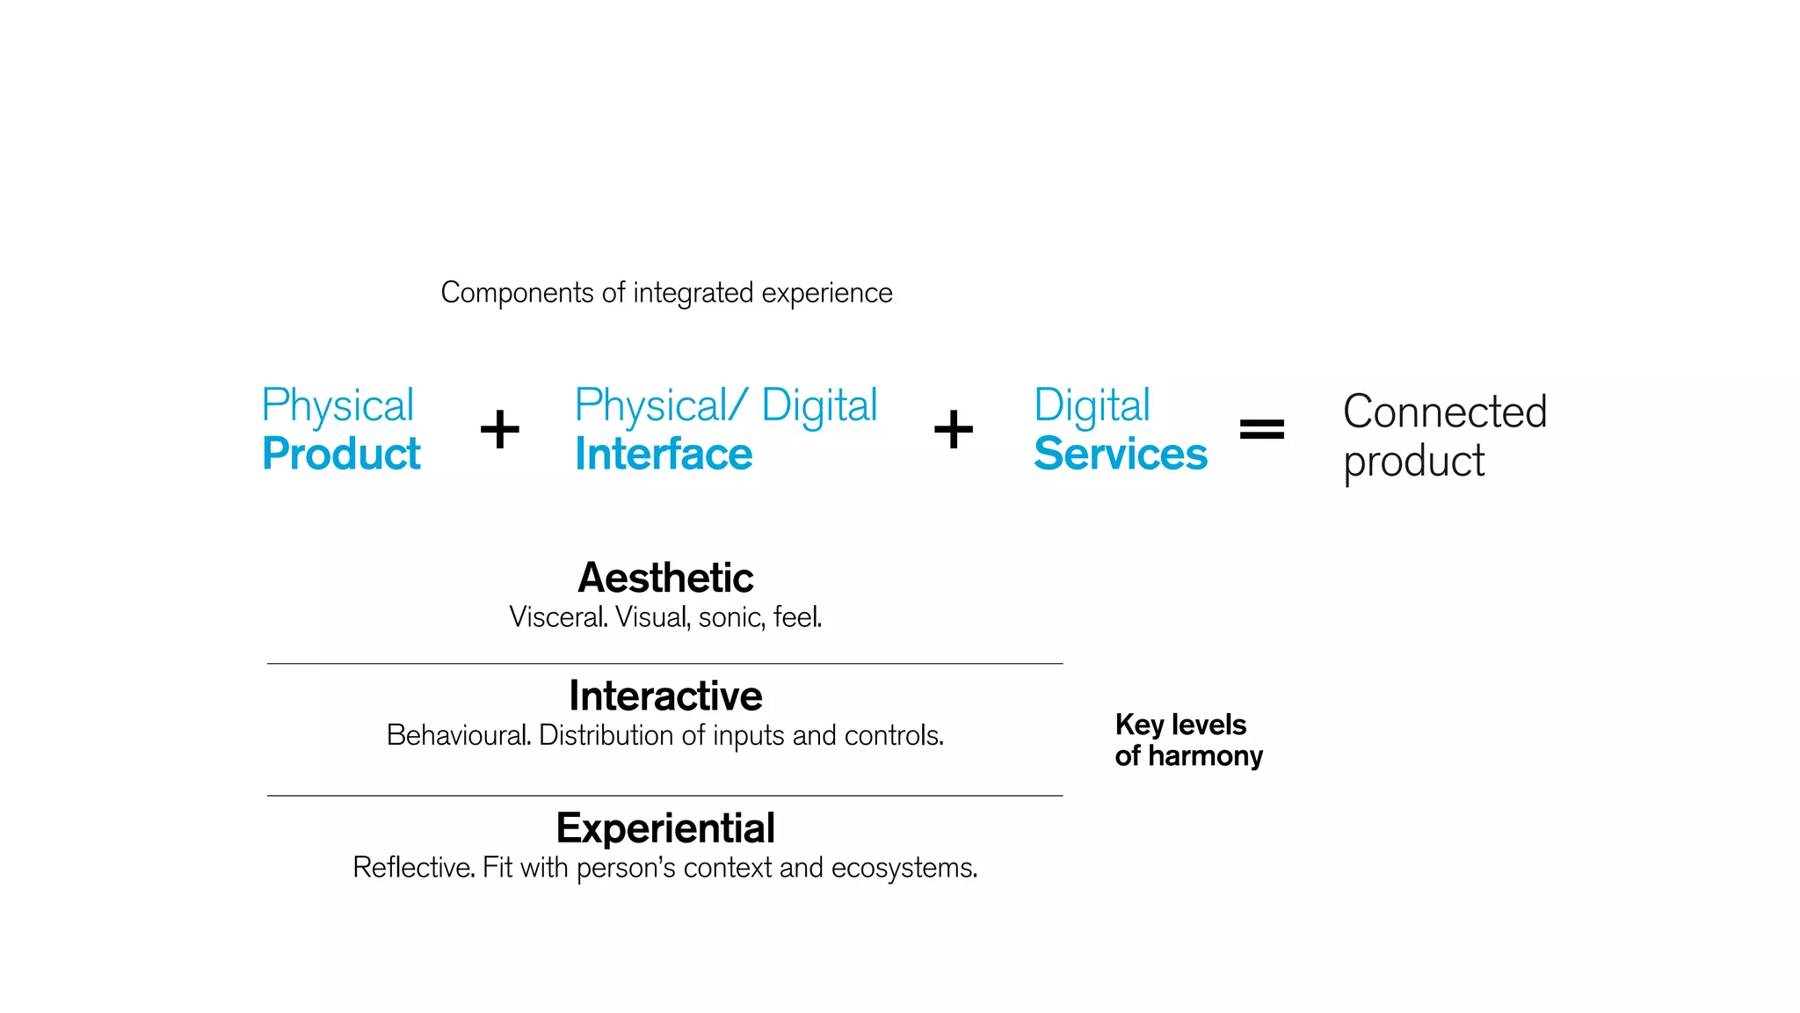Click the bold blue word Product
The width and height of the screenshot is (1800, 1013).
pos(341,455)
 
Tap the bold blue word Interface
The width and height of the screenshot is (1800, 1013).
pos(664,455)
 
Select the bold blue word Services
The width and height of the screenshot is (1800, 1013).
pos(1121,455)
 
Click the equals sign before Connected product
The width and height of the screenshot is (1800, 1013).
pos(1261,429)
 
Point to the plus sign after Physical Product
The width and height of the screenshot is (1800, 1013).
pos(500,429)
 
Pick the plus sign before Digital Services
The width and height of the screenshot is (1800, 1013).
pos(954,429)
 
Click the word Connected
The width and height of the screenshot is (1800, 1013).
pos(1445,412)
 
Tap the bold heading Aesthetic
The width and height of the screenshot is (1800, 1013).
pos(665,578)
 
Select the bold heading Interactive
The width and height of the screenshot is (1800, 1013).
pos(665,696)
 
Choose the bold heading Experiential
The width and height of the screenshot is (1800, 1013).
pos(665,828)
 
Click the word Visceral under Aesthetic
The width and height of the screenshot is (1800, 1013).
pos(558,617)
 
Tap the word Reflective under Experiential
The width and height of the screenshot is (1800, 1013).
pos(414,868)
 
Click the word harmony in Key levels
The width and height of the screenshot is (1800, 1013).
pos(1205,756)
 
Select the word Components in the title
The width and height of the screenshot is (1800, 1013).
pos(517,293)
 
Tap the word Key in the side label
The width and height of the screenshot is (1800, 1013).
pos(1139,725)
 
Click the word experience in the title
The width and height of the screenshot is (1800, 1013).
pos(827,293)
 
